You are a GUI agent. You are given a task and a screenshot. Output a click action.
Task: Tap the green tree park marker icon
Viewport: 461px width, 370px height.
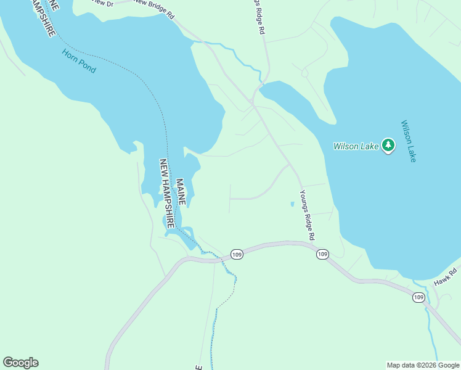(x=388, y=146)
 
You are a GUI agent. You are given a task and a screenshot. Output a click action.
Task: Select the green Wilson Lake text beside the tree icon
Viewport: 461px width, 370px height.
(x=356, y=147)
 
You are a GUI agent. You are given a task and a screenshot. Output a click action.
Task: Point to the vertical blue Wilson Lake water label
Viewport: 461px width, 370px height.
(x=409, y=141)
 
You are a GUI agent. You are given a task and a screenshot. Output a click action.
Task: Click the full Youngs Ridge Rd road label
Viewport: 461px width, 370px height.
(x=307, y=215)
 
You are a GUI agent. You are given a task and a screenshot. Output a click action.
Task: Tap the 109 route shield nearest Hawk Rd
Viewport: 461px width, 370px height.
(x=418, y=297)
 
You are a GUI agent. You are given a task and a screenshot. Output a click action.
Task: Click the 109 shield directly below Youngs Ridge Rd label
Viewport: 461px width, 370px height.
(x=322, y=254)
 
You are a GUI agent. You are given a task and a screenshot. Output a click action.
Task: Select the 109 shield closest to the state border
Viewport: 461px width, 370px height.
(x=237, y=254)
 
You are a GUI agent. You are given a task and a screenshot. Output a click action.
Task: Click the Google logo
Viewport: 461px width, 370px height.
(x=20, y=363)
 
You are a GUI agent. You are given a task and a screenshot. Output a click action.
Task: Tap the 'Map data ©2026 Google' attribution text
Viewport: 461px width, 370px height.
(x=423, y=365)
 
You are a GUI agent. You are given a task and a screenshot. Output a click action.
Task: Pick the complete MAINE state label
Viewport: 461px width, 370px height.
(x=181, y=192)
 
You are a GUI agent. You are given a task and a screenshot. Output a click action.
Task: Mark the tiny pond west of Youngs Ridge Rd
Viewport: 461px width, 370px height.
(x=292, y=203)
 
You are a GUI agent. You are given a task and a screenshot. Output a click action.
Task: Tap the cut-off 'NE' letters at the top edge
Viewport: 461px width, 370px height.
(x=55, y=5)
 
